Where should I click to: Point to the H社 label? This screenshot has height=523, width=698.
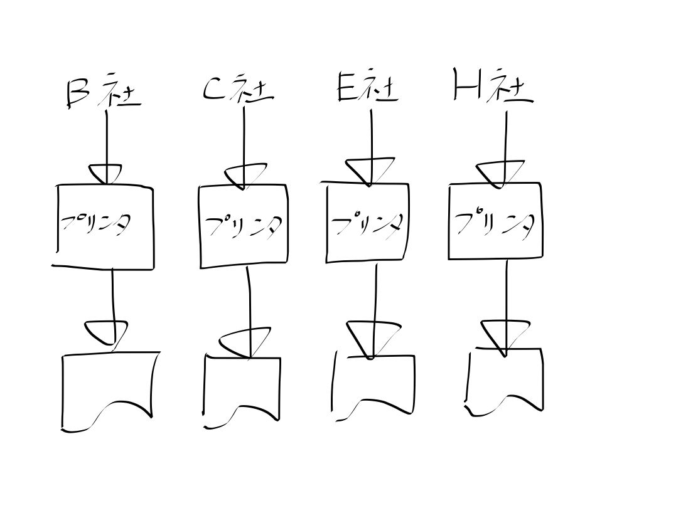[x=492, y=88]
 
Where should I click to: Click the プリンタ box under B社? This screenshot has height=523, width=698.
[x=104, y=226]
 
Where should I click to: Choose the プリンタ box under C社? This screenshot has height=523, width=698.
[x=244, y=226]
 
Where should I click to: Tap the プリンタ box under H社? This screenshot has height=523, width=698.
[x=495, y=221]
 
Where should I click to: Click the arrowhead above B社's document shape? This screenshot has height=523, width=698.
[x=107, y=332]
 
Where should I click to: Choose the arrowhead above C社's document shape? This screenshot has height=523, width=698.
[x=247, y=341]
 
